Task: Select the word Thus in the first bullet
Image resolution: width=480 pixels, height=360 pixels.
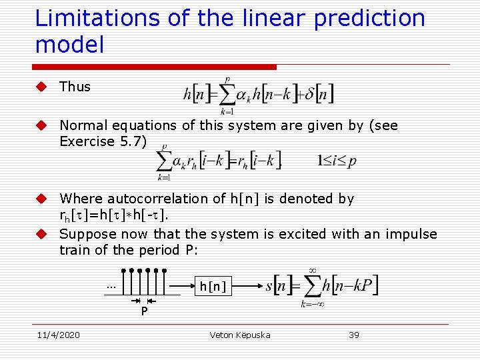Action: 75,87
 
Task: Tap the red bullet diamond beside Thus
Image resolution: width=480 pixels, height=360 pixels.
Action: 41,87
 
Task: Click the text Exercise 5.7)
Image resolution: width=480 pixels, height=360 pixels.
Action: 102,141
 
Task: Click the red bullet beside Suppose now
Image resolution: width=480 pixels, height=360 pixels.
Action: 41,234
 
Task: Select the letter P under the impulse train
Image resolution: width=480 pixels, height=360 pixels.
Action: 143,311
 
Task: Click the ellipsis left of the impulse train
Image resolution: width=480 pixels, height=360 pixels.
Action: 111,287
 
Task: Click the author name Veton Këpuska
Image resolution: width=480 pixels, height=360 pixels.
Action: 240,335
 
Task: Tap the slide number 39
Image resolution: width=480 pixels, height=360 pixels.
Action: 353,335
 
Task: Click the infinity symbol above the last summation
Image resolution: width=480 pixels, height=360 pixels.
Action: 311,270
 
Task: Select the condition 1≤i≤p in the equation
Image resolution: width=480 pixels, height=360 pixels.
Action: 337,160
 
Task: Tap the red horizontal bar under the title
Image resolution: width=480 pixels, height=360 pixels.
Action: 156,67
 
